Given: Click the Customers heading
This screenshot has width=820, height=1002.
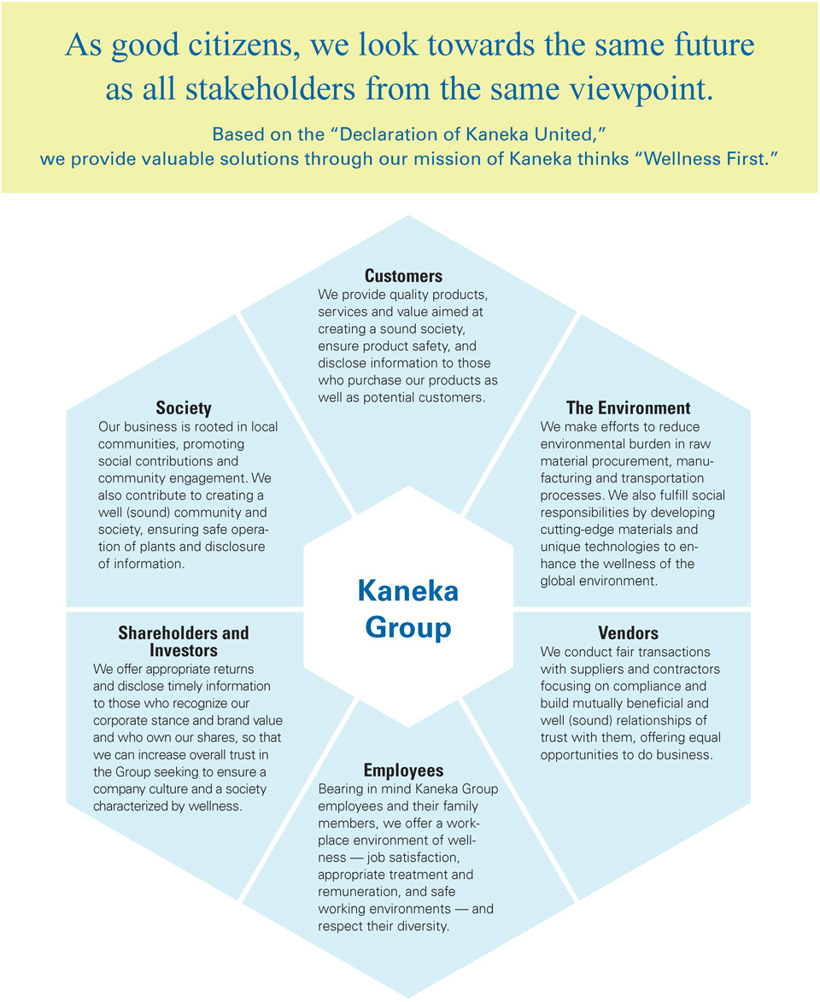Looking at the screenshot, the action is (x=403, y=276).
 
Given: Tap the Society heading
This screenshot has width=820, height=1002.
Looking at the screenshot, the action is (x=184, y=408).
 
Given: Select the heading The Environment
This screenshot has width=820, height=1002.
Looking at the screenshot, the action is (x=629, y=407).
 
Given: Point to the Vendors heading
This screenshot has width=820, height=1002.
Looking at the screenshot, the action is (x=629, y=633).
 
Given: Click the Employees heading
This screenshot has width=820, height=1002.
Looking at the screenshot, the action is (x=403, y=770).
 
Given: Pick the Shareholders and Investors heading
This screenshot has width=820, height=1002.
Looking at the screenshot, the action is (x=184, y=642).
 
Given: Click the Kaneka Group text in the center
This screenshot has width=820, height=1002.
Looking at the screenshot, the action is (x=408, y=608).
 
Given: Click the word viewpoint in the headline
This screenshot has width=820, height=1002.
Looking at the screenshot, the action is (x=641, y=90).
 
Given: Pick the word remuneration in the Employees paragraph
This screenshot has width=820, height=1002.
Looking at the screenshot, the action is (x=359, y=892).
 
